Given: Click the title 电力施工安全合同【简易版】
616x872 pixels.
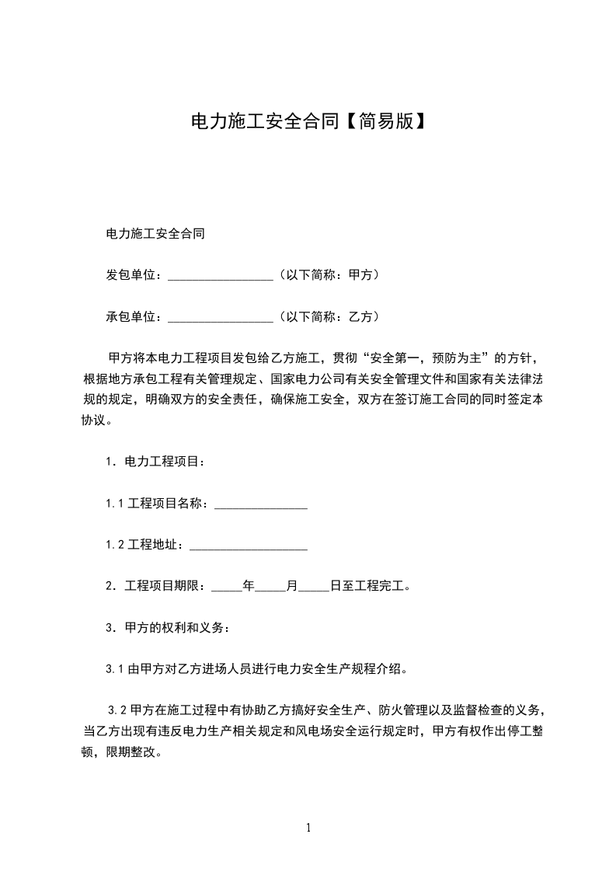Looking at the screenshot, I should point(308,121).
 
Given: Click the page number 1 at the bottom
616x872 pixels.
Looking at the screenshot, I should point(308,828).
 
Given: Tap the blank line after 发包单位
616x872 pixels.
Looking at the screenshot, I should point(220,276).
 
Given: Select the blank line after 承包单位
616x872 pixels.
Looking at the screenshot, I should point(220,318).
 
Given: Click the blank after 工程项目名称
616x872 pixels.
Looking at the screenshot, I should point(260,505).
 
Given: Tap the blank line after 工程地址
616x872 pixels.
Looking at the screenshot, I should point(248,547).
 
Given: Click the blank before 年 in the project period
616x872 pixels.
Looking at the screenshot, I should point(226,588).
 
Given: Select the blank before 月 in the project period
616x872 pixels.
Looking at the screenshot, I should point(270,588).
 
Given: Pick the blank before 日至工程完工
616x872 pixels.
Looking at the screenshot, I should point(314,588).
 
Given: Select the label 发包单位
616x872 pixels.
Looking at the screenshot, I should point(130,275).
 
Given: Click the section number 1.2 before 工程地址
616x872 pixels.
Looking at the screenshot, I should point(115,546).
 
